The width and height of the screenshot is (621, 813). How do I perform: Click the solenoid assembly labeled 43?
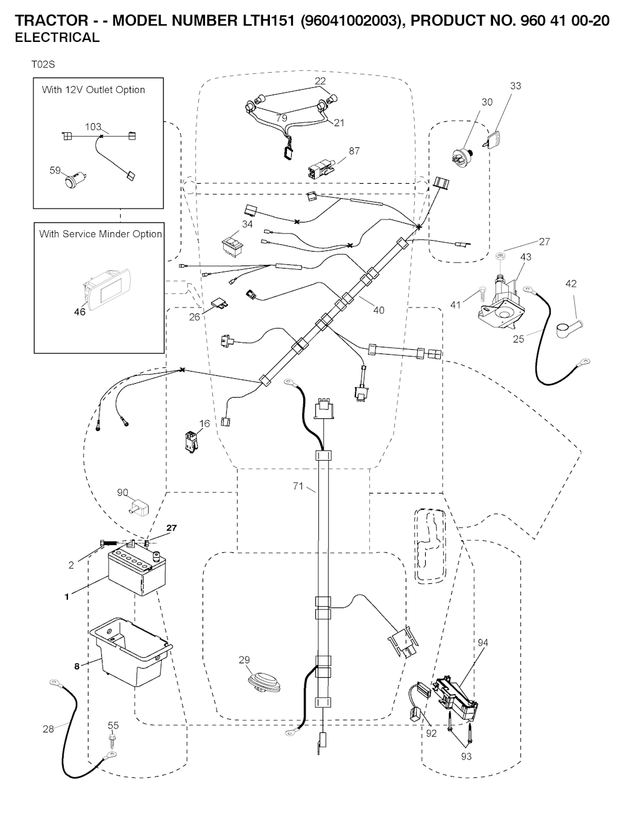pos(501,301)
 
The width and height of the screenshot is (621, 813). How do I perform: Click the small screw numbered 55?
pos(112,740)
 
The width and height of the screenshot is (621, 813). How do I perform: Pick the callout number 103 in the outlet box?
pos(93,127)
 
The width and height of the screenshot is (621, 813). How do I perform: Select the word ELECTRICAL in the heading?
pos(57,38)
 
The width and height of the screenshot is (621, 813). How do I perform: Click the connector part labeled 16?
pos(192,441)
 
